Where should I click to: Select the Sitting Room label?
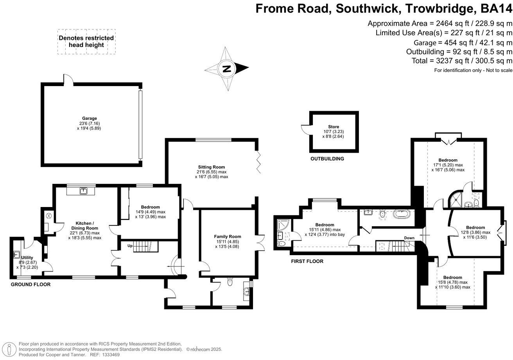(x=211, y=167)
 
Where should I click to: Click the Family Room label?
(x=227, y=236)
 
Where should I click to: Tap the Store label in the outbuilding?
(x=333, y=127)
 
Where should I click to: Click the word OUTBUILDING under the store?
(x=327, y=159)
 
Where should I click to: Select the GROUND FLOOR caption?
(x=30, y=284)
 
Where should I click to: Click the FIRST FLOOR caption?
(x=307, y=261)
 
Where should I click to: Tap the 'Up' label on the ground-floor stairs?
(x=131, y=246)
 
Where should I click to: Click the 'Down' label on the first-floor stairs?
(x=409, y=238)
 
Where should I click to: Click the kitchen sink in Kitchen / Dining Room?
(x=83, y=191)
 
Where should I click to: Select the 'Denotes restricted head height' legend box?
(x=86, y=41)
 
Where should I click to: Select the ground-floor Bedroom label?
(x=150, y=207)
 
